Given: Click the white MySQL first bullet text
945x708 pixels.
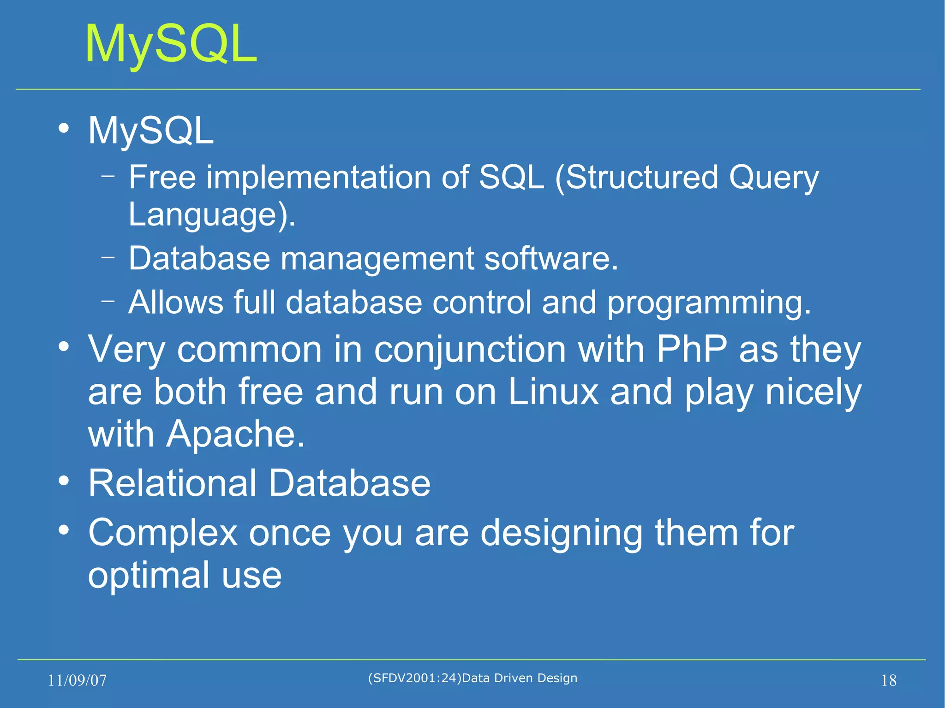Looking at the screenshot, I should point(151,131).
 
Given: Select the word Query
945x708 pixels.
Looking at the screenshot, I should point(774,178).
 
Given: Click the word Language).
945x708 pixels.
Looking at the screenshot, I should point(212,215).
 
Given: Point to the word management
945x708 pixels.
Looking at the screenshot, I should point(377,259).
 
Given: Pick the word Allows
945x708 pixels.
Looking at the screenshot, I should point(175,303).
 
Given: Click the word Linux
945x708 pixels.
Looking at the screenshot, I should point(553,392).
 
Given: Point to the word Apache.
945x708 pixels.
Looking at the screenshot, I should point(235,434).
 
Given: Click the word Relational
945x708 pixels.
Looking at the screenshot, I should point(172,483).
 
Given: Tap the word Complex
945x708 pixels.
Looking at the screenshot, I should point(162,533).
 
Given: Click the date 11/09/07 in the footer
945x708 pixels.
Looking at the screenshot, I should point(77,680).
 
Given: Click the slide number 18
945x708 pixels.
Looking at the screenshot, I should point(888,680).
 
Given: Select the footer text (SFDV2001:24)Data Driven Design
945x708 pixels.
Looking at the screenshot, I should point(472,678).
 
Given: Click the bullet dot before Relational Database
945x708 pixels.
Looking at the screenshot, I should point(64,481).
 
